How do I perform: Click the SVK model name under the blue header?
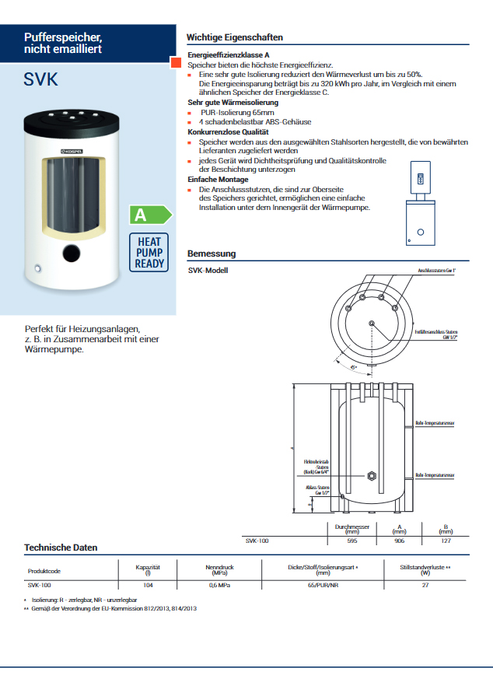pos(41,80)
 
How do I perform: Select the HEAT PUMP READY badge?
pos(150,253)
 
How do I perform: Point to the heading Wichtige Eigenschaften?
pos(235,37)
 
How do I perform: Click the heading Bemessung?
pos(212,254)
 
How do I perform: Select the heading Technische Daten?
pos(61,548)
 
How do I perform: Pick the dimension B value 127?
pos(446,541)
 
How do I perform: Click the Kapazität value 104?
pos(148,584)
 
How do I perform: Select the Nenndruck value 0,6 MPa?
pos(219,584)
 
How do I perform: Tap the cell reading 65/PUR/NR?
pos(323,584)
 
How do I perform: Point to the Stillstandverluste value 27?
pos(425,584)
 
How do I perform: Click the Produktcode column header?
pos(44,571)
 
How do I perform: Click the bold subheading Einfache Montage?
pos(219,180)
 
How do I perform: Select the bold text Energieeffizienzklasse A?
pos(229,56)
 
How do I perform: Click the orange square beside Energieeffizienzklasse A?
pos(177,62)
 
